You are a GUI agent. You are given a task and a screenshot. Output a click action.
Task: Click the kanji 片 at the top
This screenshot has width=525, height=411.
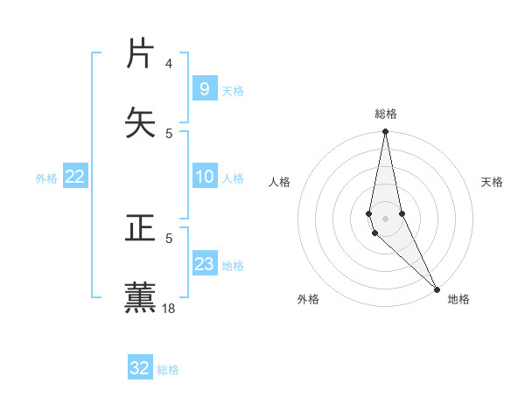[142, 54]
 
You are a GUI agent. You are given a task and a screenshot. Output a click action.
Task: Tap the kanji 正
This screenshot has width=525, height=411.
[142, 229]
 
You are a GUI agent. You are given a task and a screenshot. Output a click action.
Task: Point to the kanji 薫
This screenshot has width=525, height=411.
[142, 297]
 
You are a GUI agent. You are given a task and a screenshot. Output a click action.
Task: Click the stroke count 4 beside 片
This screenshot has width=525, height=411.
[169, 64]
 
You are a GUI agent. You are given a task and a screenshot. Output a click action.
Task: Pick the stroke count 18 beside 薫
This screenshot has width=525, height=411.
[170, 309]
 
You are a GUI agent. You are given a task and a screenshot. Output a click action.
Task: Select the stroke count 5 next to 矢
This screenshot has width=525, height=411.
[169, 133]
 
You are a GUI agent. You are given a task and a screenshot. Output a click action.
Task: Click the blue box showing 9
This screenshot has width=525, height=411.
[204, 88]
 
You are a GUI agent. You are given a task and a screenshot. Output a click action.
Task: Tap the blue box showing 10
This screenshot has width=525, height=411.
[204, 177]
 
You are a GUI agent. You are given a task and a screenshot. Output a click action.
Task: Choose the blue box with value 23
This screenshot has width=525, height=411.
[204, 264]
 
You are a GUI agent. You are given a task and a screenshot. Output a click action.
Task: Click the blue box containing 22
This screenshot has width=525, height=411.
[75, 177]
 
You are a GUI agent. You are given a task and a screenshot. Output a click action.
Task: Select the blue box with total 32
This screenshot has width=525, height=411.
[140, 368]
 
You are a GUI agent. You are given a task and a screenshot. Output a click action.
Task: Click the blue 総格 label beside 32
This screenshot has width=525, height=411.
[168, 370]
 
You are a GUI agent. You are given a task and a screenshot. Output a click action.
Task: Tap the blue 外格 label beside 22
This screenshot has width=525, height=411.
[46, 178]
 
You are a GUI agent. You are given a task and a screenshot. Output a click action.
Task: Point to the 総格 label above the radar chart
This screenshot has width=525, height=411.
[386, 114]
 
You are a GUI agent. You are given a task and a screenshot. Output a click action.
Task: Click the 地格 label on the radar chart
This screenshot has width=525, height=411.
[458, 299]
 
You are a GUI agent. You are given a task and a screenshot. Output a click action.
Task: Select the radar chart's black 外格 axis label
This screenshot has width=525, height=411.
[308, 299]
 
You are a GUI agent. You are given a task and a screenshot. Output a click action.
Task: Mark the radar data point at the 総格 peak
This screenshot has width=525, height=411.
[385, 132]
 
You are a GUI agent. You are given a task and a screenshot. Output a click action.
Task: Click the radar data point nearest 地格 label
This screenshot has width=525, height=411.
[437, 289]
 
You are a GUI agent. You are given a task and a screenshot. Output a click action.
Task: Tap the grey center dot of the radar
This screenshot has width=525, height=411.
[385, 218]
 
